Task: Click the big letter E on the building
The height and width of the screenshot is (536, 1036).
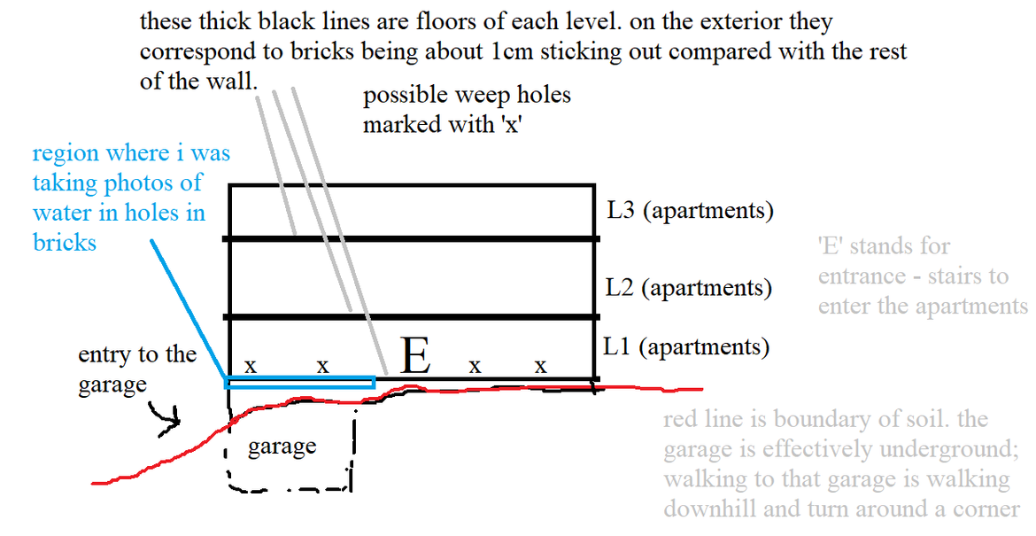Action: point(415,356)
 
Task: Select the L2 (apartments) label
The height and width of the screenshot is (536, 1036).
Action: point(689,288)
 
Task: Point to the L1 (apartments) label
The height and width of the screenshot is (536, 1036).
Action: point(686,346)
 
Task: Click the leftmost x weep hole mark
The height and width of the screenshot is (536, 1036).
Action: point(251,364)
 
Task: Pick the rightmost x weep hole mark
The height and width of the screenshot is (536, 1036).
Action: point(541,364)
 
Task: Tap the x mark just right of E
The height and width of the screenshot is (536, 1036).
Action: point(475,364)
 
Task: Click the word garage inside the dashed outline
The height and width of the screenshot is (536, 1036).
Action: point(282,447)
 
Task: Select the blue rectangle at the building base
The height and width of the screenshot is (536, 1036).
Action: point(299,382)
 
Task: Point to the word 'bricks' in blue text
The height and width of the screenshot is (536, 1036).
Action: point(65,242)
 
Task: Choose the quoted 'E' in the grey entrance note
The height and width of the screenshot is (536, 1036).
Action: point(831,246)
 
